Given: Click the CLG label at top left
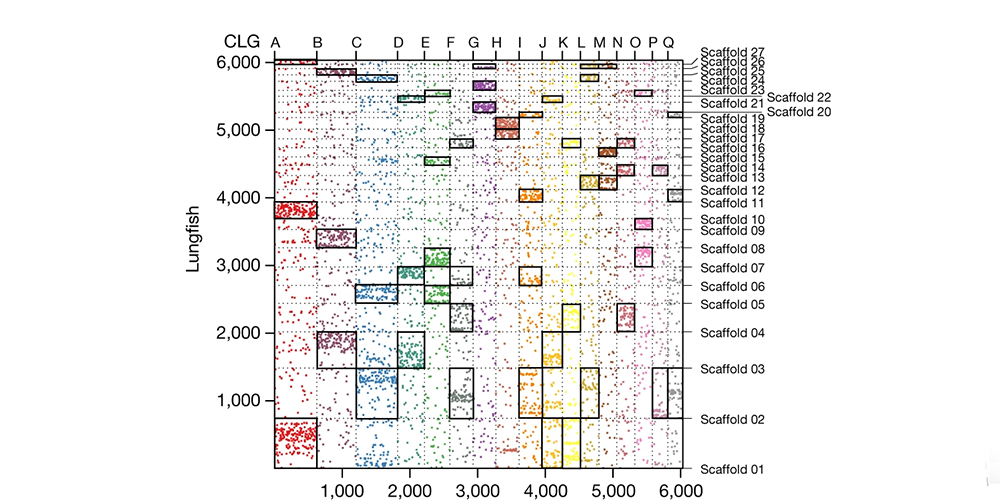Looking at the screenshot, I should (241, 41).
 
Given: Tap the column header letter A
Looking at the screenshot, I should (275, 42).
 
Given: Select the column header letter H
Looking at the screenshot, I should (497, 42).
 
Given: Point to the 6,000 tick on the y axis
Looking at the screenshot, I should (241, 62).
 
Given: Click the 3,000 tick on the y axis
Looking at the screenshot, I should (241, 265).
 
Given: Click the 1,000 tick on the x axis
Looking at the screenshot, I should (343, 490).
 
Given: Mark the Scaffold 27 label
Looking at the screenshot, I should (732, 52).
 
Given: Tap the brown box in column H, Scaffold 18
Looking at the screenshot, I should (507, 128).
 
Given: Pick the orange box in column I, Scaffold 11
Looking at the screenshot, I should (530, 195).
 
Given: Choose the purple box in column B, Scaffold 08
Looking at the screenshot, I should (336, 239).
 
